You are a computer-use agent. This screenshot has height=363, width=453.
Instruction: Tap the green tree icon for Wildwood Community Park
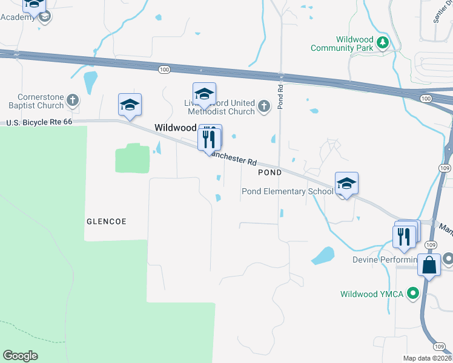pyautogui.click(x=382, y=42)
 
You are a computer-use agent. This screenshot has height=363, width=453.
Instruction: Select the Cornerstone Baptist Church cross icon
pyautogui.click(x=73, y=100)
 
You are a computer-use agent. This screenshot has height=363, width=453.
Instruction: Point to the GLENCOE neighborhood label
pyautogui.click(x=107, y=221)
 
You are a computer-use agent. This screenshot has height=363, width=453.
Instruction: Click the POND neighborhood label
pyautogui.click(x=269, y=172)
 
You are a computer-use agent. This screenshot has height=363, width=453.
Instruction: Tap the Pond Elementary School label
pyautogui.click(x=288, y=192)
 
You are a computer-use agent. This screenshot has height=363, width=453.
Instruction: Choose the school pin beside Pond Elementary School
pyautogui.click(x=346, y=183)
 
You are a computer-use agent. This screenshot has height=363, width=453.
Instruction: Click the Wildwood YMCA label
pyautogui.click(x=371, y=295)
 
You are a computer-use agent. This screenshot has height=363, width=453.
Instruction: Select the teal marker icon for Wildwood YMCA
pyautogui.click(x=414, y=295)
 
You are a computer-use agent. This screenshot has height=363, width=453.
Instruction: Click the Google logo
pyautogui.click(x=20, y=356)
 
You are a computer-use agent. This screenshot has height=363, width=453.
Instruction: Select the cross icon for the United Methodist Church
pyautogui.click(x=263, y=107)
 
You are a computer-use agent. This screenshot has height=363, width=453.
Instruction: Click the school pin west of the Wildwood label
pyautogui.click(x=130, y=105)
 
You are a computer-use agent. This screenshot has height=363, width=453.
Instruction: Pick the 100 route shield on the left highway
pyautogui.click(x=164, y=70)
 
